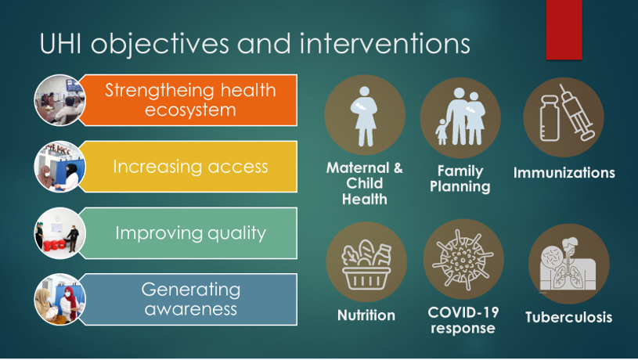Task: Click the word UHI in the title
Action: [x=60, y=44]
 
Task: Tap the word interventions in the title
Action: [x=385, y=44]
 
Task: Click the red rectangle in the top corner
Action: [x=564, y=30]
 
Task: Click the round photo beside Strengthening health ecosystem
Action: [x=59, y=100]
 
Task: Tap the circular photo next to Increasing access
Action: [x=59, y=167]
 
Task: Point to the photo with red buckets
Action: [x=59, y=233]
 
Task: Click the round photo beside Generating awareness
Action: [x=59, y=300]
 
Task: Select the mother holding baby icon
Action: [x=365, y=116]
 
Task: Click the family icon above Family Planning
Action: [x=460, y=117]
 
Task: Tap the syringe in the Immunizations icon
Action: [x=577, y=112]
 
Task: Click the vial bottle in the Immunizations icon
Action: [x=550, y=118]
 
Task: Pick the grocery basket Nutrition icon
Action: [x=366, y=264]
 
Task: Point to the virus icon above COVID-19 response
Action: [x=463, y=260]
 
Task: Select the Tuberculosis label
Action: [x=568, y=317]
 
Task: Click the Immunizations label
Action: [x=564, y=173]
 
